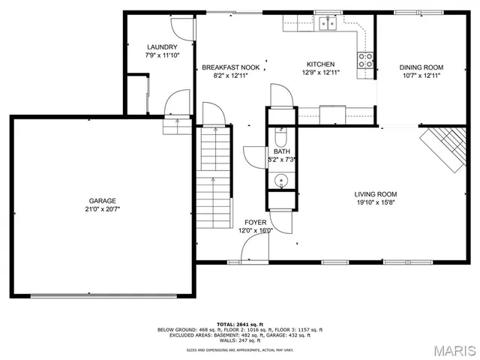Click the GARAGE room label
[102, 201]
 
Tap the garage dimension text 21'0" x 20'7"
[102, 210]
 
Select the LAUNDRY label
[161, 47]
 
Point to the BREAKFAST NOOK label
[231, 67]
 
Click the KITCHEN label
[319, 64]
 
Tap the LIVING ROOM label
[375, 193]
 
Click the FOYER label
[256, 223]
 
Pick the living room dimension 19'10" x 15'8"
[375, 202]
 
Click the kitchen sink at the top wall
[327, 24]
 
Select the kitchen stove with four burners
[366, 60]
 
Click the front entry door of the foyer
[251, 255]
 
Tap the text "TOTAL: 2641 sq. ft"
[239, 323]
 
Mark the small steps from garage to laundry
[174, 125]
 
